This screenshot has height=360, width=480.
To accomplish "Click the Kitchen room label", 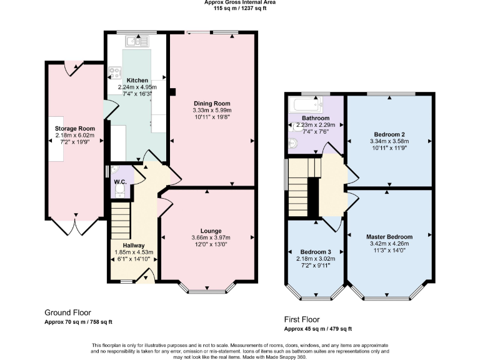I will (137, 81).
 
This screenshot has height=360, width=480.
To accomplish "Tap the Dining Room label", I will (212, 104).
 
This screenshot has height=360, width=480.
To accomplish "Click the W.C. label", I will (120, 182).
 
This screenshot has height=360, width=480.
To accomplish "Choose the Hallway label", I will (134, 246).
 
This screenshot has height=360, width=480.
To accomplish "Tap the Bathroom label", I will (316, 118).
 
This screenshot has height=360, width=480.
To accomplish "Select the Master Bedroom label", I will (389, 237).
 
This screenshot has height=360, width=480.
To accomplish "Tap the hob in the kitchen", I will (115, 71).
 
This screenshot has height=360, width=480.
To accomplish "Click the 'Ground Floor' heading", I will (67, 312).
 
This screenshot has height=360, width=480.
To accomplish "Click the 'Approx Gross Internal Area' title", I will (239, 2).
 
